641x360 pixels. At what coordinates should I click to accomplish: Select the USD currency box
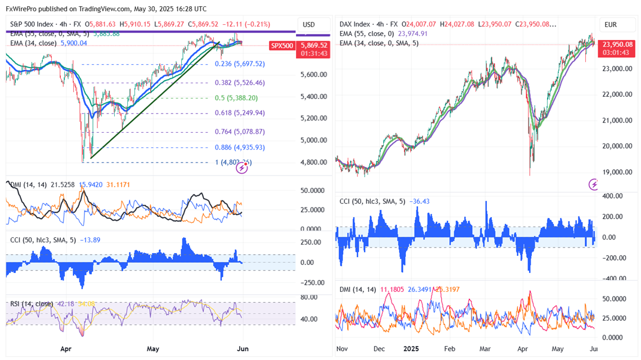tap(308, 25)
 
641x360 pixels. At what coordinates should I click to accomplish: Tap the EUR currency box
tap(611, 25)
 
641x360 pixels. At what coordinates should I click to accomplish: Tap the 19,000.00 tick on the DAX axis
tap(617, 172)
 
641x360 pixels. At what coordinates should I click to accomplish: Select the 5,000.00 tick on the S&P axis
tap(314, 140)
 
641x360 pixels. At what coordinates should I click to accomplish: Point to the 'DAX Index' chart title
tap(355, 25)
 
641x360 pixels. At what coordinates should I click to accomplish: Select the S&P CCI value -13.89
tap(86, 240)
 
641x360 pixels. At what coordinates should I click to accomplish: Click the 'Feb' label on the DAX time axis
tap(450, 349)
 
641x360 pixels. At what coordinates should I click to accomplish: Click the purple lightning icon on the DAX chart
tap(594, 184)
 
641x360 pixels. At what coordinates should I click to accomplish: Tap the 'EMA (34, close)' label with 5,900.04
tap(34, 43)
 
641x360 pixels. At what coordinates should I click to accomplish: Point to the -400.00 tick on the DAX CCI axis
tap(615, 278)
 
